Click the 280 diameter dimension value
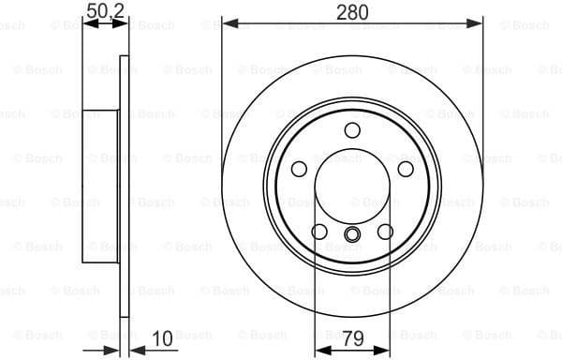tap(352, 11)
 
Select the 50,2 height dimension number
tap(106, 11)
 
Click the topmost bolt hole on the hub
tap(352, 129)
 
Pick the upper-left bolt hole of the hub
tap(299, 169)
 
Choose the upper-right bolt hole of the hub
tap(406, 169)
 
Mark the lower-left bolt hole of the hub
tap(319, 232)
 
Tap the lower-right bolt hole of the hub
tap(385, 232)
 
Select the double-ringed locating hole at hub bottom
tap(352, 234)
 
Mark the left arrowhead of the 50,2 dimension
tap(87, 24)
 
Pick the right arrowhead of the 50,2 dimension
tap(123, 24)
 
